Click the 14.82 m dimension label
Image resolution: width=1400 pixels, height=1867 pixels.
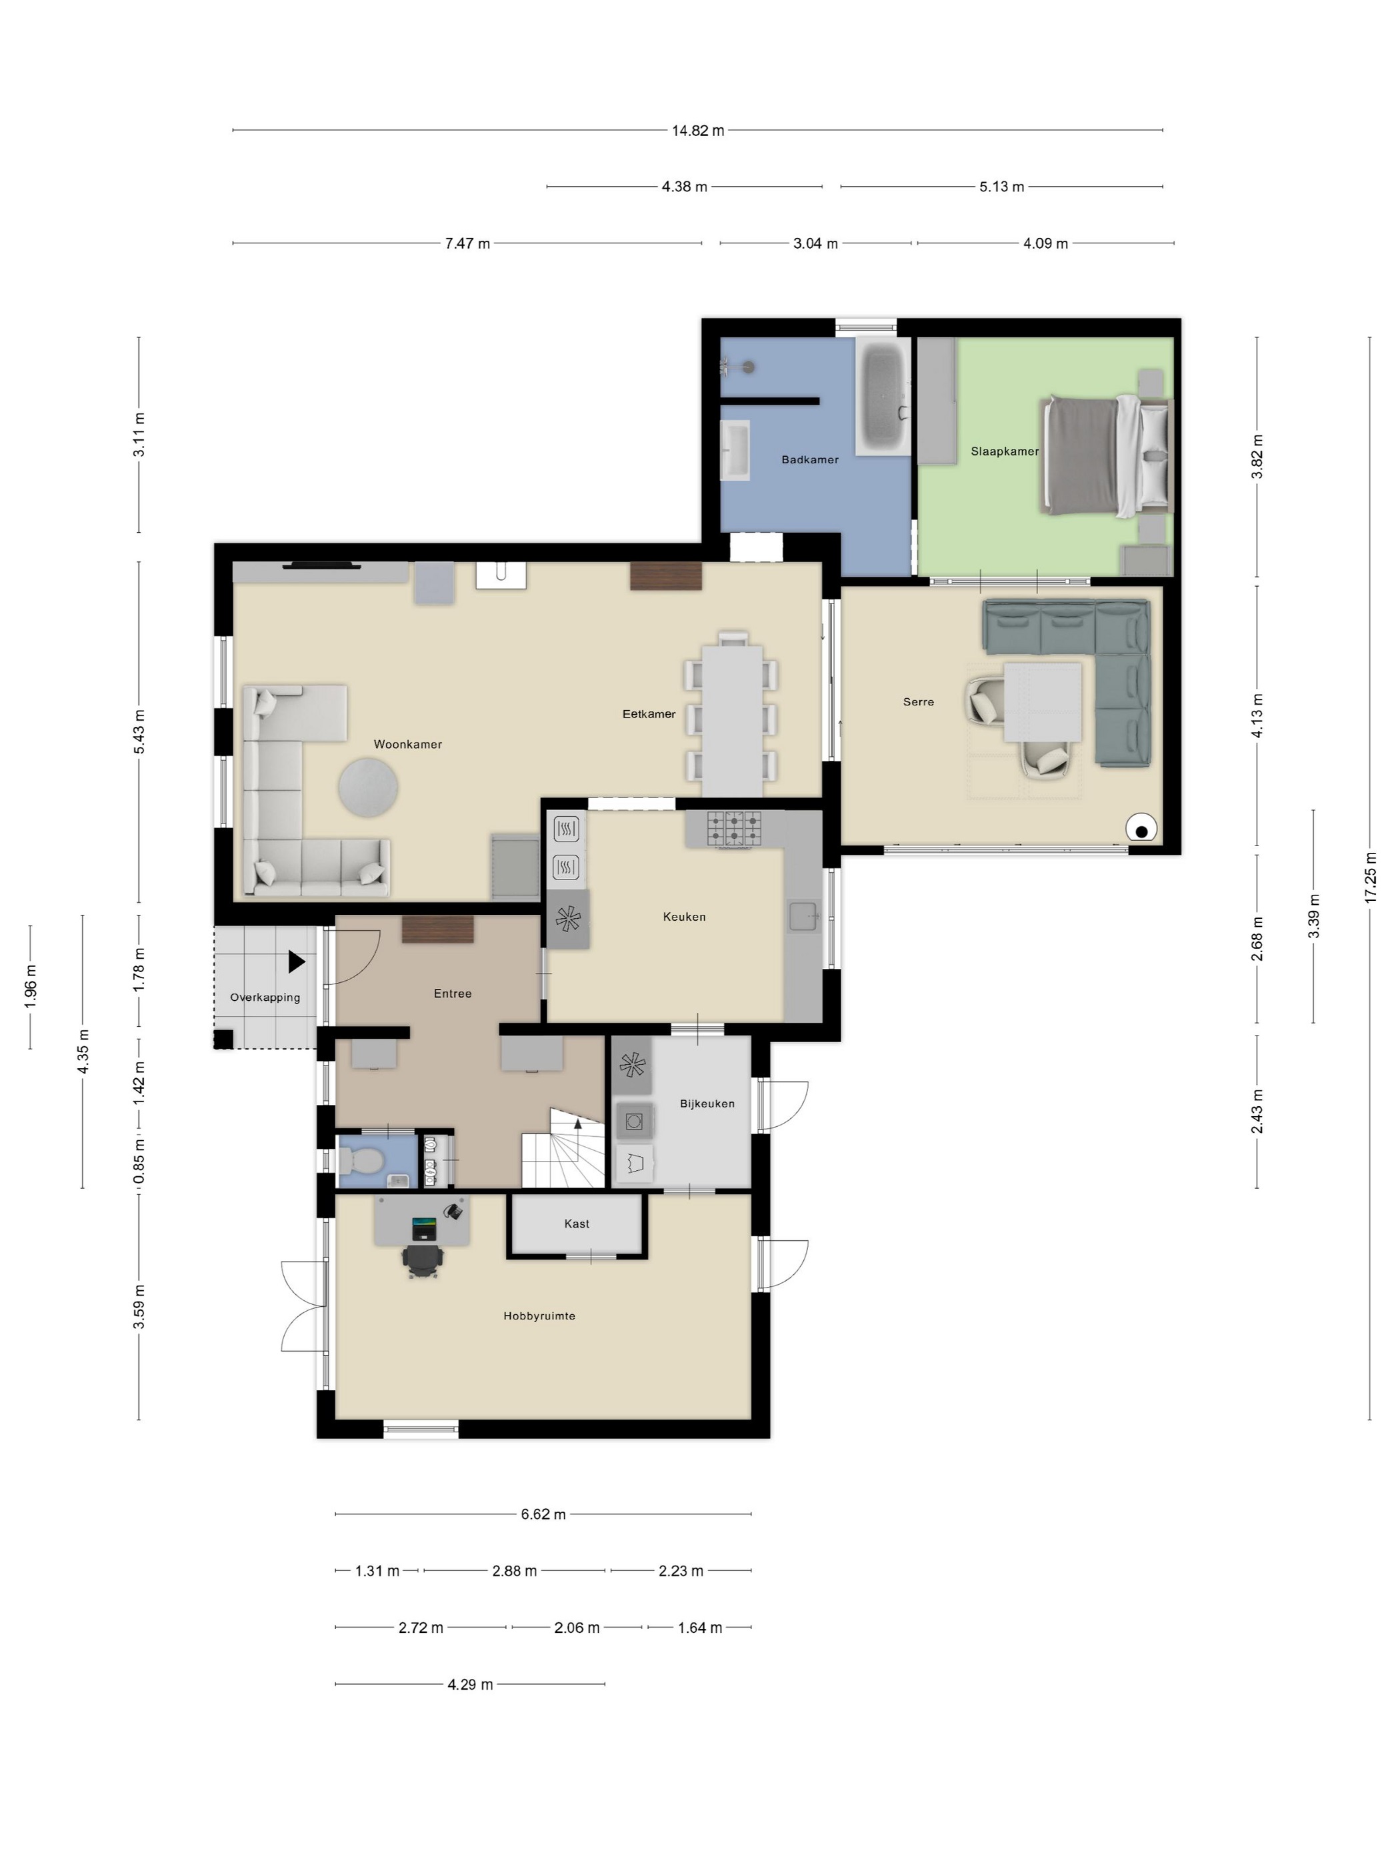(697, 131)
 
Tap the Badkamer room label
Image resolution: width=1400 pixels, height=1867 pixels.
(809, 460)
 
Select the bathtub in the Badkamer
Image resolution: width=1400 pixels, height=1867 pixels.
(883, 396)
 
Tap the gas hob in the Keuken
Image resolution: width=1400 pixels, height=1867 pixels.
(733, 829)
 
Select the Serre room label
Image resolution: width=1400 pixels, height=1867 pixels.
(918, 701)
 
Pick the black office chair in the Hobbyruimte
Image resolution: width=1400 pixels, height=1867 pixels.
(423, 1260)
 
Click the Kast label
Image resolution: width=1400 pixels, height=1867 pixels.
(577, 1224)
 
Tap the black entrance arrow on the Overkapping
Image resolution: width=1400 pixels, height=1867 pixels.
(296, 962)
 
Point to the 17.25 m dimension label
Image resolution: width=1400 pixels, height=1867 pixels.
(1369, 877)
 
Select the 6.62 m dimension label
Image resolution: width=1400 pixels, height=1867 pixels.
(543, 1514)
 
